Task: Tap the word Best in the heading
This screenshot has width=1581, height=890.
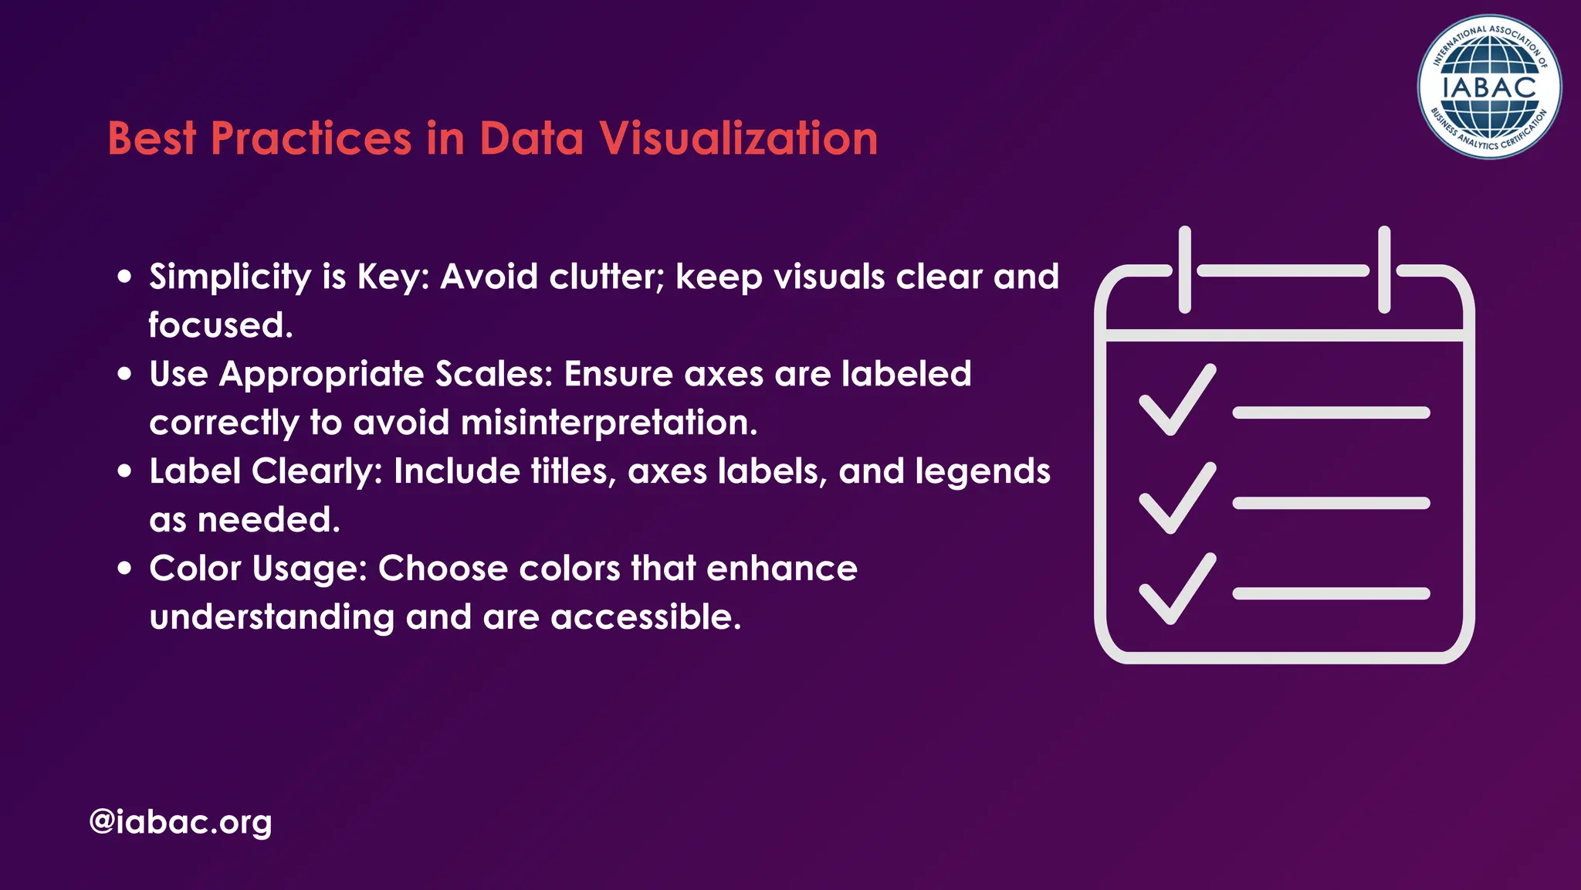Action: (x=152, y=139)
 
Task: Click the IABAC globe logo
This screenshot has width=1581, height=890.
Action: (x=1489, y=87)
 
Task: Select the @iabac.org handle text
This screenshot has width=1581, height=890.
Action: (x=181, y=821)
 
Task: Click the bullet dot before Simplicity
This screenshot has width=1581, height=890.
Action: (x=125, y=277)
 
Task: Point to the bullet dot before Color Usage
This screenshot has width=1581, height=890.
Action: (x=125, y=569)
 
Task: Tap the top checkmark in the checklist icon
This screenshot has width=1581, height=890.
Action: (x=1177, y=400)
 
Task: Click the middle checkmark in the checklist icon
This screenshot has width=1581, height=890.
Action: (x=1177, y=498)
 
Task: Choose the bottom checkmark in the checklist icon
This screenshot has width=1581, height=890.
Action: (x=1177, y=589)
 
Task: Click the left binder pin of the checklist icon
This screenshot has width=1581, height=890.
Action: (x=1185, y=270)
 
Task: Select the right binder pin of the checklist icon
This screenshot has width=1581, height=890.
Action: (x=1384, y=270)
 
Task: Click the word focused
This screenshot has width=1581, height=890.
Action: (x=221, y=325)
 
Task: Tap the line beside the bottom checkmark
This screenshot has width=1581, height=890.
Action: (x=1331, y=593)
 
